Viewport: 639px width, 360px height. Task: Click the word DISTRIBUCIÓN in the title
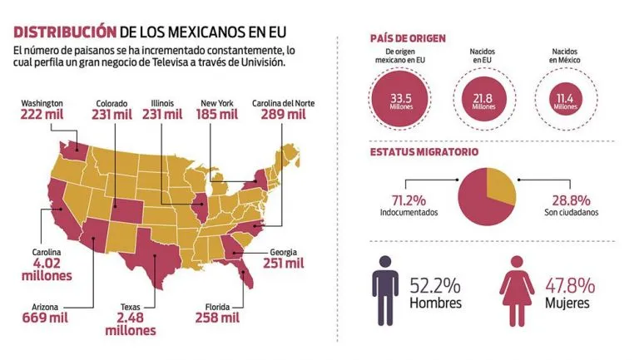tap(62, 32)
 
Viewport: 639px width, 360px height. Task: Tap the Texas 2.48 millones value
tap(131, 323)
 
